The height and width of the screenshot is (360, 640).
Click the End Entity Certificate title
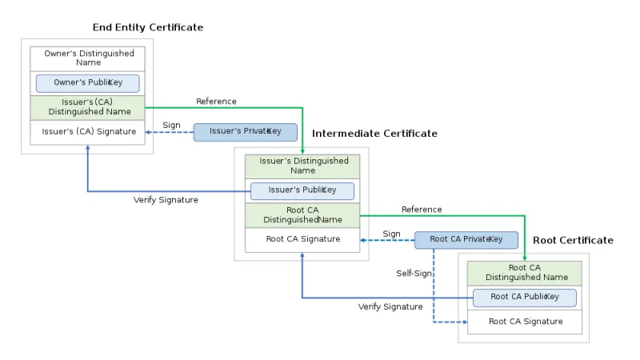(148, 27)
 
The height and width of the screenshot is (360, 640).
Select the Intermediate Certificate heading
(374, 134)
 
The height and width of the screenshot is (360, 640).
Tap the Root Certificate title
(573, 240)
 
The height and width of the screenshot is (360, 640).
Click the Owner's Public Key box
(88, 82)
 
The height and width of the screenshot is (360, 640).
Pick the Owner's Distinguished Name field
(88, 58)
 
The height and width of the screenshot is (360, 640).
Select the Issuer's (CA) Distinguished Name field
(88, 107)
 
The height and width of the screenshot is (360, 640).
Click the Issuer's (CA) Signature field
(88, 131)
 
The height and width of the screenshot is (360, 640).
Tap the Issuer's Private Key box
(246, 131)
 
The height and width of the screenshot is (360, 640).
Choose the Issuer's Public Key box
(302, 190)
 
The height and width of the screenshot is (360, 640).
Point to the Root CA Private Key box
(466, 239)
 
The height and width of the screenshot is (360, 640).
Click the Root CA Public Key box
(524, 297)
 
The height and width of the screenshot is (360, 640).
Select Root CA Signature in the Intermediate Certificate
(302, 239)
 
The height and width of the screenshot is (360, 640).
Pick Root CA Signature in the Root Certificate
(525, 322)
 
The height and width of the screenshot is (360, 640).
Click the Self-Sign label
(414, 274)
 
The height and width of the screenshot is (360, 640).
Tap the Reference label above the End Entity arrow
(216, 102)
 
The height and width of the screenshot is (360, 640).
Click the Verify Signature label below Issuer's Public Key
(166, 200)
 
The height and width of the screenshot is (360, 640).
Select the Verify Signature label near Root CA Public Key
(390, 306)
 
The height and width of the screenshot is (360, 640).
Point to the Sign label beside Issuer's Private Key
(171, 125)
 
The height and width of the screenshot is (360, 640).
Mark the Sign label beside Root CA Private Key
(391, 234)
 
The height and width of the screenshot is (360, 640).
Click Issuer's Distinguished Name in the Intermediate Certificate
(302, 166)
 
